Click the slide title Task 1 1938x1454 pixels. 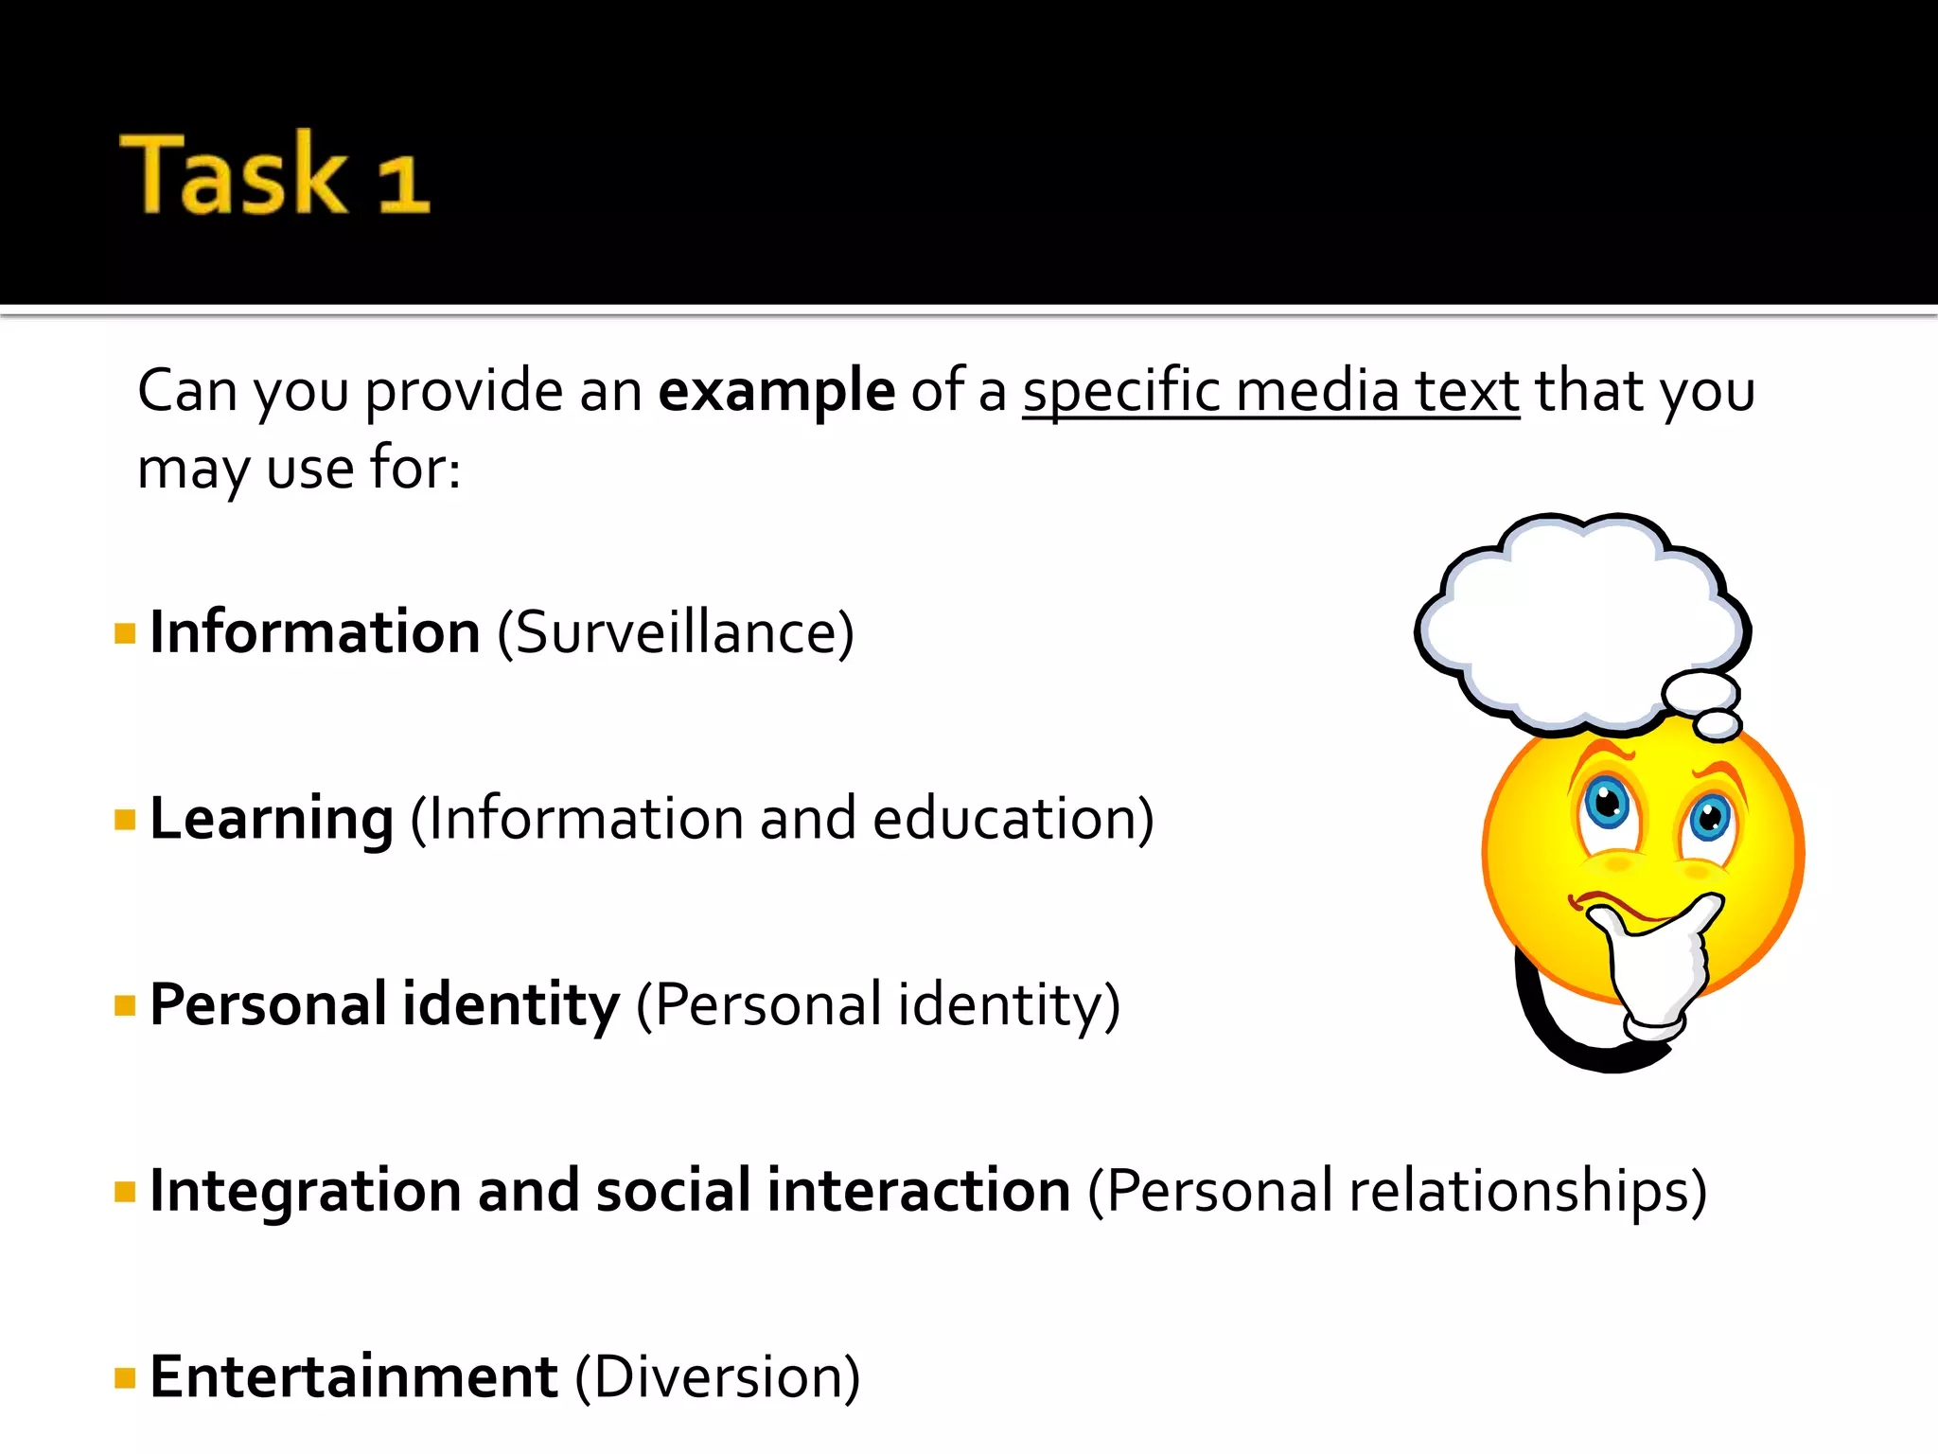click(x=274, y=174)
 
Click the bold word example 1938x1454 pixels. click(x=776, y=390)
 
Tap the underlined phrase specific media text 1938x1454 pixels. click(x=1270, y=390)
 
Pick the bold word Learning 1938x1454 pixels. click(x=272, y=818)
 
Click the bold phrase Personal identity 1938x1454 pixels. click(x=384, y=1003)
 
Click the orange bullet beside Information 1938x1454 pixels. click(x=125, y=632)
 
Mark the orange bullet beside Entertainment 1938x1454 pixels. click(x=125, y=1377)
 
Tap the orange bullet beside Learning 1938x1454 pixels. click(x=125, y=819)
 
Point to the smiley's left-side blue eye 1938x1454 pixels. click(x=1607, y=805)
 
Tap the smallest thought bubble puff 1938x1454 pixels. click(x=1718, y=725)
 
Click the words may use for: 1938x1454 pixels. click(x=299, y=468)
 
